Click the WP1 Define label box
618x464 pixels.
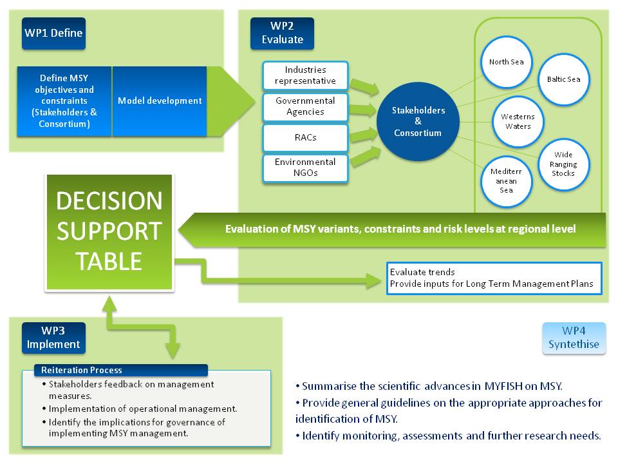[x=53, y=34]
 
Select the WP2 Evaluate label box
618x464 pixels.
[x=282, y=34]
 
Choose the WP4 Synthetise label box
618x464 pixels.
[x=574, y=338]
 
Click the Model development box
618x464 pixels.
[x=160, y=101]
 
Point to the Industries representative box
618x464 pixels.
[x=305, y=75]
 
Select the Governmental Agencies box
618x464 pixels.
[x=305, y=106]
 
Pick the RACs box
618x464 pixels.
[x=305, y=137]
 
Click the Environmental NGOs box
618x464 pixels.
[x=305, y=168]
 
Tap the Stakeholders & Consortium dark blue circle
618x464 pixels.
[x=418, y=121]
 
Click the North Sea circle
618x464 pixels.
[x=507, y=63]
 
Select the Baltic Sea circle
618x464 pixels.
[x=563, y=80]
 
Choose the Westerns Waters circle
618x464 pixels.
[x=518, y=121]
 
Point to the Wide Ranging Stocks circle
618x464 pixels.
[x=563, y=164]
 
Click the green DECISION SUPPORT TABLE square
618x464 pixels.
[x=109, y=231]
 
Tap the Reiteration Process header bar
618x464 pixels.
[x=121, y=370]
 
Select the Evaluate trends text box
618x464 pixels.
[x=494, y=278]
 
